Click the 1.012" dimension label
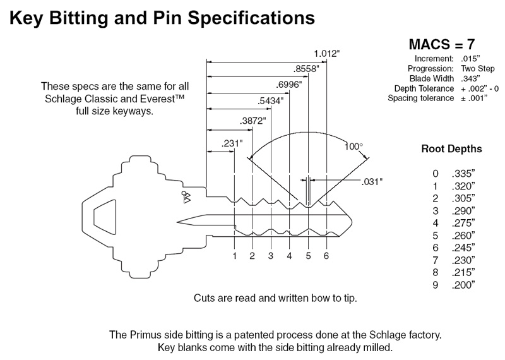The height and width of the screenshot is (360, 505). click(x=327, y=53)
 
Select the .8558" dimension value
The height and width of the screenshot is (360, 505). click(x=306, y=69)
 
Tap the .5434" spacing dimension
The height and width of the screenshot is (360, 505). click(x=271, y=101)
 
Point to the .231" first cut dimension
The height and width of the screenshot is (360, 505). click(x=232, y=143)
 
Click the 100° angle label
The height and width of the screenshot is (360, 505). click(x=353, y=147)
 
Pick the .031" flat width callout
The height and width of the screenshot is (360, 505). click(x=372, y=182)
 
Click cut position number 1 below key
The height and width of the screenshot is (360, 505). click(x=235, y=256)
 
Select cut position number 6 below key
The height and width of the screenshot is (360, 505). click(x=326, y=256)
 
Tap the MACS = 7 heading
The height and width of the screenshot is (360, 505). click(x=442, y=44)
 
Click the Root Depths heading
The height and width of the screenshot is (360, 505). click(x=451, y=149)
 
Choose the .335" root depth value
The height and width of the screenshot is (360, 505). click(x=463, y=174)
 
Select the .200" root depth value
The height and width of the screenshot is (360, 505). click(x=463, y=285)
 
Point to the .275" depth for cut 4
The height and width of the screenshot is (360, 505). click(x=463, y=223)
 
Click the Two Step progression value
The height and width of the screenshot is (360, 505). click(x=478, y=69)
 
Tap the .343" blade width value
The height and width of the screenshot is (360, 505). click(x=470, y=79)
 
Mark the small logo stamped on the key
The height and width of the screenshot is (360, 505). click(x=186, y=197)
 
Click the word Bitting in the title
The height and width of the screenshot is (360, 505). click(x=79, y=18)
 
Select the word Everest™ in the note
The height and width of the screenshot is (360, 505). click(x=162, y=99)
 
